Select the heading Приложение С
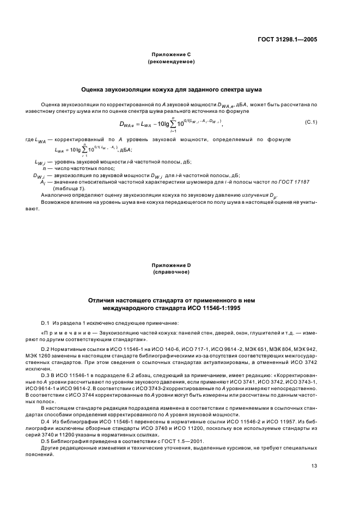pos(172,55)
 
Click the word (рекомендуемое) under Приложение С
pos(172,62)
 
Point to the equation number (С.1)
pos(312,122)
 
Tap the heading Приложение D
pos(172,265)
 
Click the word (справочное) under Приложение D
pos(172,272)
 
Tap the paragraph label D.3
pos(46,375)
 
